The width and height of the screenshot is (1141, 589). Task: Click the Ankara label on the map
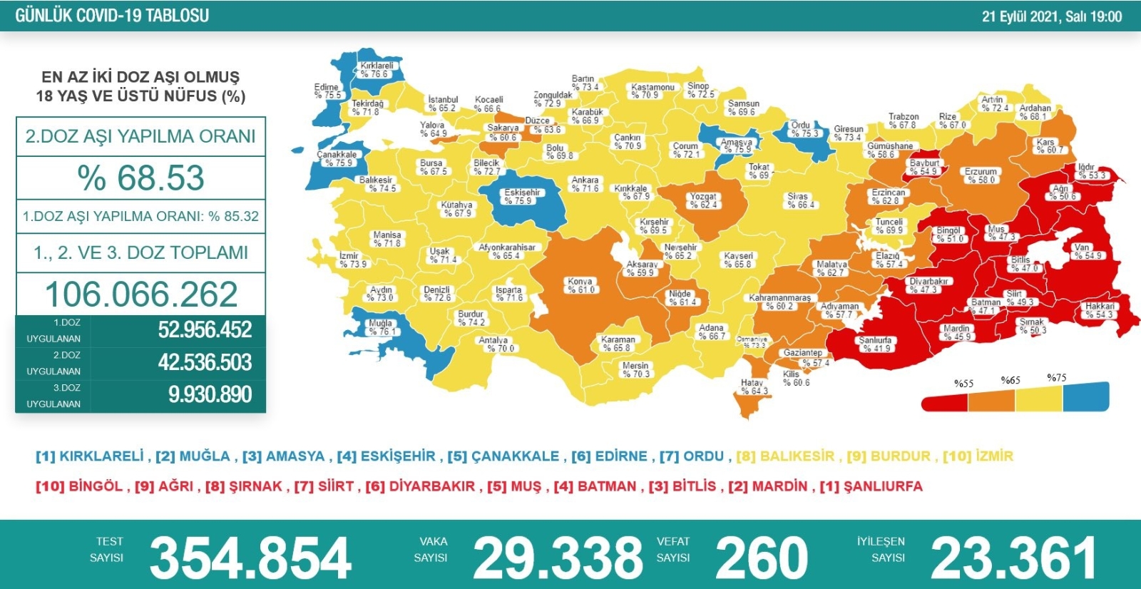point(585,184)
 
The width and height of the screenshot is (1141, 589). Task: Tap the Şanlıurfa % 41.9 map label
point(875,344)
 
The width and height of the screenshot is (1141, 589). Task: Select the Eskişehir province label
point(522,196)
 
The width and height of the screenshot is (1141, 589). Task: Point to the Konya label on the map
point(580,285)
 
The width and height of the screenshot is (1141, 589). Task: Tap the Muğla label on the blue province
point(381,327)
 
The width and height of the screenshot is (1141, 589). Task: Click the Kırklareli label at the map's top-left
point(376,69)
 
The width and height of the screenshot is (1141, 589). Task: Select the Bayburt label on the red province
point(923,167)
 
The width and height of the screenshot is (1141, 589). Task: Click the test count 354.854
point(250,558)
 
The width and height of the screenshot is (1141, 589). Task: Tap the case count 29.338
point(558,558)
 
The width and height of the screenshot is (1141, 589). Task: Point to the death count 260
point(761,558)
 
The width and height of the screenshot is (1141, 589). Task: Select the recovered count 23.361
point(1013,558)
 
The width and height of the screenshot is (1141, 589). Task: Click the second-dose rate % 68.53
point(140,178)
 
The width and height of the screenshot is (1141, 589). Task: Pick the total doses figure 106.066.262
point(140,294)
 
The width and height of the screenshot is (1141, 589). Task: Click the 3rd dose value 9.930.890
point(210,394)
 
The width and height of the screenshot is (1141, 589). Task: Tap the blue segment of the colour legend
point(1085,397)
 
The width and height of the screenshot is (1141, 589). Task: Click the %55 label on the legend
point(963,383)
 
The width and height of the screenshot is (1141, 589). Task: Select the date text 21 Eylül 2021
point(1020,16)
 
